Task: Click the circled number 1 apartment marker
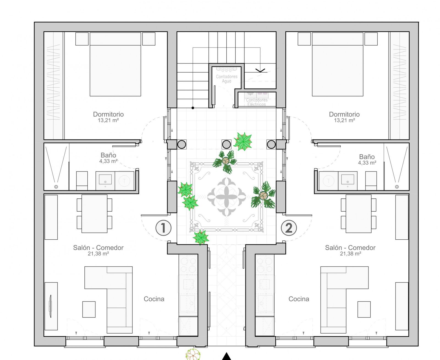pyautogui.click(x=163, y=228)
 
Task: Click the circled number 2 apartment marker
pyautogui.click(x=289, y=228)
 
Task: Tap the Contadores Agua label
pyautogui.click(x=227, y=79)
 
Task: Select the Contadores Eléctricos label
pyautogui.click(x=257, y=102)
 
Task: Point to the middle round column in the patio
pyautogui.click(x=226, y=144)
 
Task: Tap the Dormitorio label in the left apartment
pyautogui.click(x=108, y=114)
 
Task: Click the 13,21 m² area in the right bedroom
pyautogui.click(x=345, y=120)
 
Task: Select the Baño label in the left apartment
pyautogui.click(x=108, y=155)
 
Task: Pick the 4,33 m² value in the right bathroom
pyautogui.click(x=367, y=163)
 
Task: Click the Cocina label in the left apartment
pyautogui.click(x=154, y=299)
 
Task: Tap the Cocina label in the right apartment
pyautogui.click(x=299, y=299)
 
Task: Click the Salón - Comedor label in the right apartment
pyautogui.click(x=350, y=248)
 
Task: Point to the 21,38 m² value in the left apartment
pyautogui.click(x=98, y=254)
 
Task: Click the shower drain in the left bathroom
pyautogui.click(x=56, y=187)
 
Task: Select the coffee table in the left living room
pyautogui.click(x=89, y=309)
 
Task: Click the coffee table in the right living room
pyautogui.click(x=364, y=309)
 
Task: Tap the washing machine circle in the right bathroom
pyautogui.click(x=329, y=181)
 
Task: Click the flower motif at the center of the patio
pyautogui.click(x=226, y=197)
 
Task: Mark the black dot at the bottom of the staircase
pyautogui.click(x=193, y=108)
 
